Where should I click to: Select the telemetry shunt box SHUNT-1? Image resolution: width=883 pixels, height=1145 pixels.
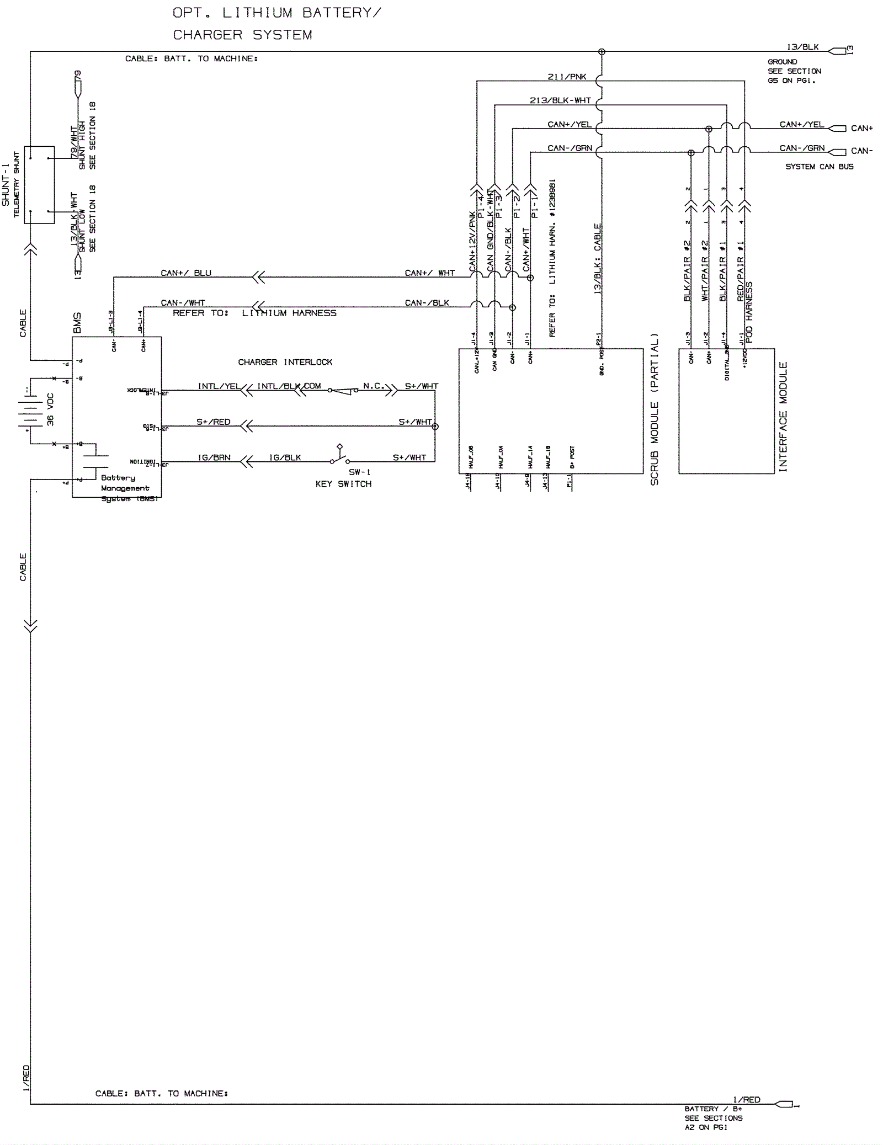pyautogui.click(x=39, y=185)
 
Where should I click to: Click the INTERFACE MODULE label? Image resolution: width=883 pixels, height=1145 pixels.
pyautogui.click(x=783, y=417)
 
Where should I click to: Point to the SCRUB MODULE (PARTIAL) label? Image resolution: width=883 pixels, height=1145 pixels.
pyautogui.click(x=655, y=409)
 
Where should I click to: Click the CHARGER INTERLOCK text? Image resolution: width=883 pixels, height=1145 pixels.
pyautogui.click(x=285, y=363)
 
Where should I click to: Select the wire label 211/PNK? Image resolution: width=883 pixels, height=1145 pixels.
pyautogui.click(x=567, y=77)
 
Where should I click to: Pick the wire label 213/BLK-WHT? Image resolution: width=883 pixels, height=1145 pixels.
pyautogui.click(x=560, y=100)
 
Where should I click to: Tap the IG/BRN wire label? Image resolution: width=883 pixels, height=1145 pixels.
pyautogui.click(x=214, y=457)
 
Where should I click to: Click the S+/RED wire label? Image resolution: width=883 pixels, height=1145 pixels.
pyautogui.click(x=214, y=422)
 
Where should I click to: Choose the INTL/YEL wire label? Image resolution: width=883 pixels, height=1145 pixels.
pyautogui.click(x=219, y=386)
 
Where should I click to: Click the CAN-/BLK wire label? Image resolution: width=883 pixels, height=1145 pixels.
pyautogui.click(x=427, y=303)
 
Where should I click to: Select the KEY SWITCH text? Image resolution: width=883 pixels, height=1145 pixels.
pyautogui.click(x=343, y=484)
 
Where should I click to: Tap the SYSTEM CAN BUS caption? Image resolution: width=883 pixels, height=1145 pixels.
pyautogui.click(x=819, y=167)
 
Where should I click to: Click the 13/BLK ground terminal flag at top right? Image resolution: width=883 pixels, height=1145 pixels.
pyautogui.click(x=837, y=51)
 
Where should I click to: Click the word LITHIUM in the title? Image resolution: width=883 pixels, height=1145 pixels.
pyautogui.click(x=257, y=13)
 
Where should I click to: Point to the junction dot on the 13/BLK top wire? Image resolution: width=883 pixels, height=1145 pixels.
pyautogui.click(x=602, y=52)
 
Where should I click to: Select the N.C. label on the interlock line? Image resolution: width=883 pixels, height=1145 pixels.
pyautogui.click(x=373, y=386)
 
